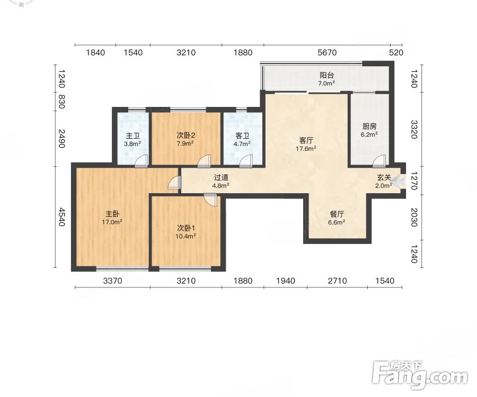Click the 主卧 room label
click(112, 214)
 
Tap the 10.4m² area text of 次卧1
click(185, 236)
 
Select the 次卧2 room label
click(185, 135)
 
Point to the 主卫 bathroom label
click(132, 137)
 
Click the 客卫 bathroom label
click(242, 136)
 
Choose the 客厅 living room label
click(306, 141)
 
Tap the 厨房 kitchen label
click(369, 127)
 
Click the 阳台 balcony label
click(326, 75)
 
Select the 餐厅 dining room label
click(337, 214)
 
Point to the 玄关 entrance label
click(384, 178)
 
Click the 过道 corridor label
click(221, 178)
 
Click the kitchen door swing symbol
click(379, 161)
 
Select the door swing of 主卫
click(141, 161)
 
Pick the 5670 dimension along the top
click(327, 52)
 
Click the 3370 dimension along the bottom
click(112, 281)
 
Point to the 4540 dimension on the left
click(62, 217)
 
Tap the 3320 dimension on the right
click(414, 129)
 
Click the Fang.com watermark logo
click(420, 375)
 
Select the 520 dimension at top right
click(396, 52)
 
